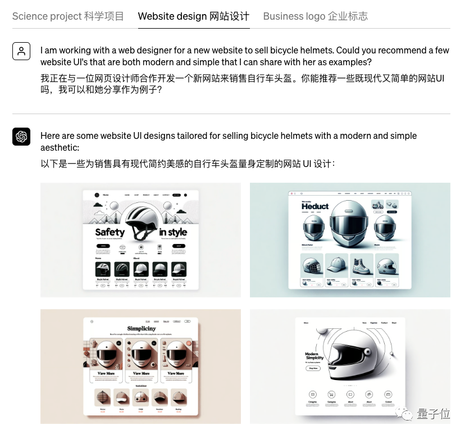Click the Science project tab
coord(68,16)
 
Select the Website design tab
coord(193,16)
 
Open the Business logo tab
coord(315,16)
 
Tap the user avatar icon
coord(21,51)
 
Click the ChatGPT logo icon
coord(21,137)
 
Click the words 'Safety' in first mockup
coord(110,232)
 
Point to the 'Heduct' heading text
coord(314,206)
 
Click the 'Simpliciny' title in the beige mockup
coord(142,328)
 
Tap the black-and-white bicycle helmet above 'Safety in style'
coord(142,221)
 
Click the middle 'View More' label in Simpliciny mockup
coord(142,373)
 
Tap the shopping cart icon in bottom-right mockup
coord(331,394)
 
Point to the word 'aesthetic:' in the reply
coord(60,147)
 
